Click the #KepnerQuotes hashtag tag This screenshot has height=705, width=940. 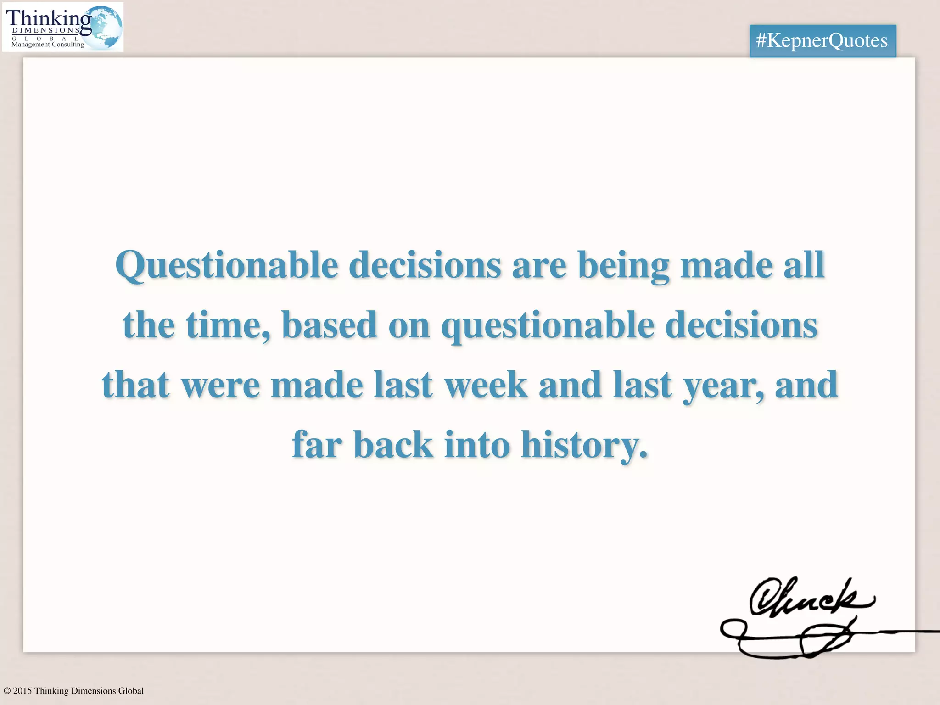click(x=822, y=41)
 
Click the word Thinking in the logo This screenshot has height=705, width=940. click(x=49, y=18)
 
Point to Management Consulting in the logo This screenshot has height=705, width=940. click(x=48, y=45)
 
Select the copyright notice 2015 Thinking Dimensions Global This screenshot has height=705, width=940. click(x=73, y=691)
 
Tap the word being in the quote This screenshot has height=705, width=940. click(x=623, y=266)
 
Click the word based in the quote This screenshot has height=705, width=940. click(x=330, y=325)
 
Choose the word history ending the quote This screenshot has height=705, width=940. click(x=584, y=445)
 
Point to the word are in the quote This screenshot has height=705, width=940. click(x=539, y=266)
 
